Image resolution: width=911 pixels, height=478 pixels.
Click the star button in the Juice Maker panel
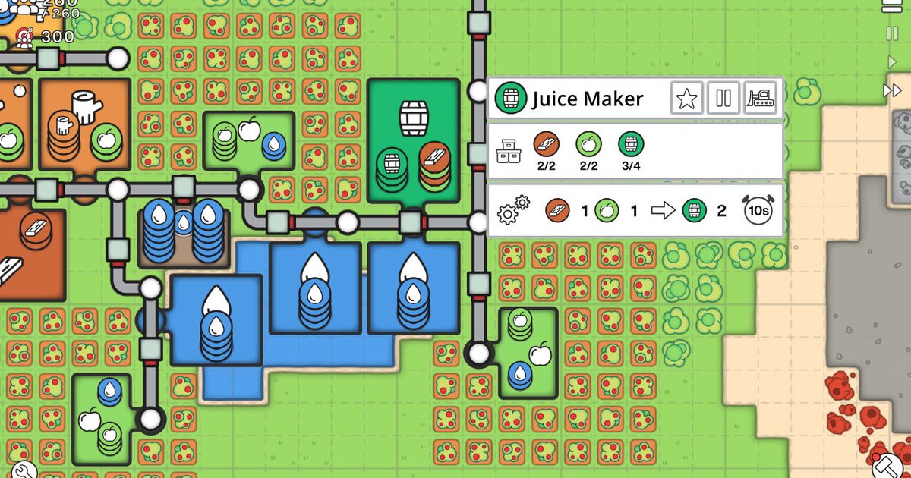point(687,98)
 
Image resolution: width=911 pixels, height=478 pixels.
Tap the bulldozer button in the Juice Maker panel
point(760,98)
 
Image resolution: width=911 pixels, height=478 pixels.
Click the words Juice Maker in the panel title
point(588,99)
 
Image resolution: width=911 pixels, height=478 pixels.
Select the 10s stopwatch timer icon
point(758,209)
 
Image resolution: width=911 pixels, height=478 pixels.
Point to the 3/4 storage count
point(631,166)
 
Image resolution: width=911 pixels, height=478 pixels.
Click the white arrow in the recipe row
point(663,211)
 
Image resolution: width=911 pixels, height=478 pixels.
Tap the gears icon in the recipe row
point(513,209)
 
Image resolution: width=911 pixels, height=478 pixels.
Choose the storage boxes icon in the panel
point(509,151)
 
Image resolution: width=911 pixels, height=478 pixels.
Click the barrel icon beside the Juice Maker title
point(511,98)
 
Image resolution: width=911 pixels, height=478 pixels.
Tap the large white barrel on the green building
point(414,118)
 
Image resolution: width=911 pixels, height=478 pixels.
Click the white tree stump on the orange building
point(87,106)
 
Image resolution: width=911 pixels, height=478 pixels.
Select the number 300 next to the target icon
point(58,37)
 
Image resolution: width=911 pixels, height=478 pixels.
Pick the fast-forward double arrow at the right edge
point(892,90)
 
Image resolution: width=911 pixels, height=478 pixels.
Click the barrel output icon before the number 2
point(694,211)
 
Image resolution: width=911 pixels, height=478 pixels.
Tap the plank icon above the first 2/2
point(546,144)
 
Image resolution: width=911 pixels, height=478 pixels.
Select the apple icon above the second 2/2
point(588,144)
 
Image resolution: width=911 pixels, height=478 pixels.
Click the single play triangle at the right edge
point(892,61)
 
